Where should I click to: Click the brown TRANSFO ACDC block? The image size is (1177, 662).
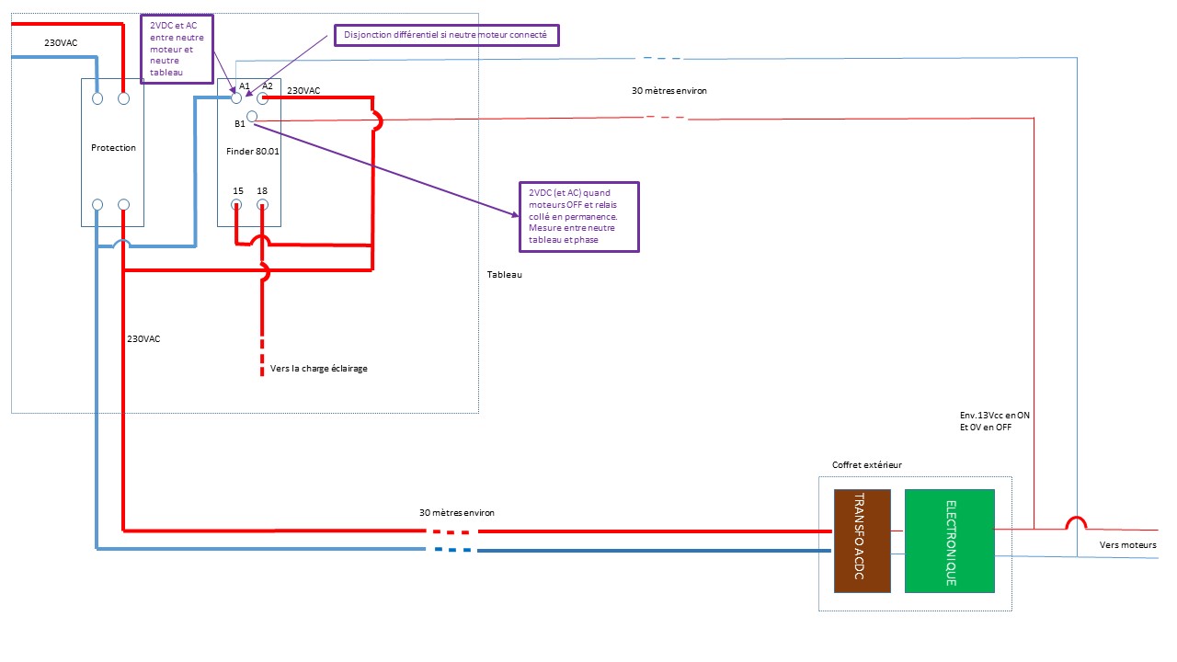[863, 541]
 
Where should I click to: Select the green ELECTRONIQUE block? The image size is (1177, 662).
[950, 541]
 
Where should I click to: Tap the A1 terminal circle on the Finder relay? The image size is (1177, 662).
[236, 98]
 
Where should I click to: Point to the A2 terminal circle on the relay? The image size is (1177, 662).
[262, 98]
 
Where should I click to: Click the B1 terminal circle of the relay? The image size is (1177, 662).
[252, 116]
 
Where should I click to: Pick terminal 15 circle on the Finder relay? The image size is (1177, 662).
[236, 204]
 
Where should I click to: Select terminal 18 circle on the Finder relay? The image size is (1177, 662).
[262, 204]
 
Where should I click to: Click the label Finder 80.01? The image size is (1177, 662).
[252, 152]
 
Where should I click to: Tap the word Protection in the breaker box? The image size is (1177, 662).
[113, 148]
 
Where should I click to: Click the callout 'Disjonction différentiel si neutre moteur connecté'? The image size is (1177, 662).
[447, 35]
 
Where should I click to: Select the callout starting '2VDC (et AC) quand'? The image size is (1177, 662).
[579, 216]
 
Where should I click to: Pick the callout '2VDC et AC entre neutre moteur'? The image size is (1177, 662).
[177, 49]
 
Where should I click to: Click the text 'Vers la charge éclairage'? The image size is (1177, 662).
[318, 369]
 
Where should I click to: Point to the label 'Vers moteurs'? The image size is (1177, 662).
[1127, 545]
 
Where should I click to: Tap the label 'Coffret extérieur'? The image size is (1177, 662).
[866, 464]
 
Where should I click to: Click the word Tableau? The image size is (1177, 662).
[505, 274]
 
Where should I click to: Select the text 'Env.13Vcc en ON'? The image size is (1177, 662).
[995, 415]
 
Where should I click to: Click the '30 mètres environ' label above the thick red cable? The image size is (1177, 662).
[457, 512]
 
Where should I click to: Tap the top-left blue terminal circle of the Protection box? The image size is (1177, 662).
[97, 98]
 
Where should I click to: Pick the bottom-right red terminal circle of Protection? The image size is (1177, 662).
[123, 204]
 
